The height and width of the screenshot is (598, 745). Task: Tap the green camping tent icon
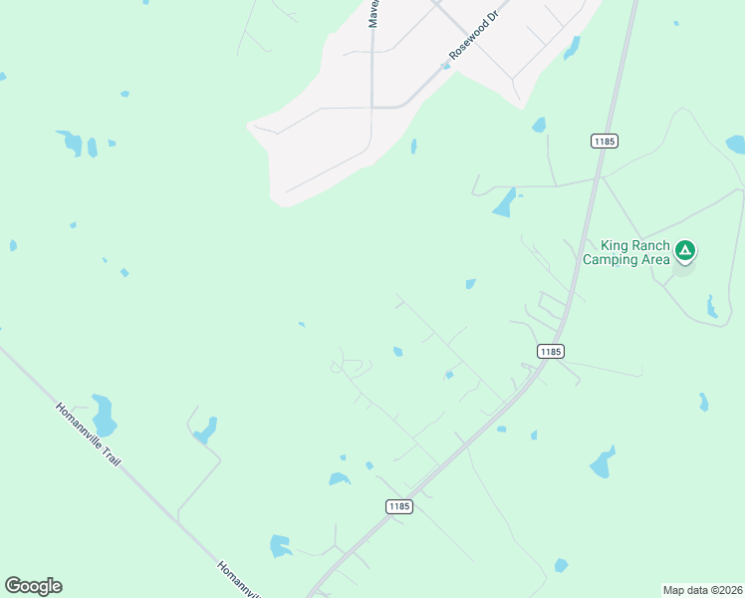coord(684,249)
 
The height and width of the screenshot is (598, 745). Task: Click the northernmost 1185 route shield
coord(604,142)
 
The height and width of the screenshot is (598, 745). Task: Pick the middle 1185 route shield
coord(551,351)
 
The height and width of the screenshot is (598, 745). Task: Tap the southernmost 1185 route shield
coord(398,506)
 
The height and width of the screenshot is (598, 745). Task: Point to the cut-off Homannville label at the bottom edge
coord(239,581)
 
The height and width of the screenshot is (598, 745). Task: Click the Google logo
coord(33,586)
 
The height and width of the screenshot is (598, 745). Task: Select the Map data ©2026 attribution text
coord(702,589)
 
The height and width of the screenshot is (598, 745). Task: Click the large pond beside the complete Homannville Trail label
coord(104,415)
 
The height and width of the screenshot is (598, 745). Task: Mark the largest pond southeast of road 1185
coord(603,463)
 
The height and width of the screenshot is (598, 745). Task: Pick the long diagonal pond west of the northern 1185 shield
coord(505,202)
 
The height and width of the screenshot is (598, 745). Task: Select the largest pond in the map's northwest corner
coord(71,143)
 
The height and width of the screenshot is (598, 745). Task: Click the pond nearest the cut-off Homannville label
coord(280,546)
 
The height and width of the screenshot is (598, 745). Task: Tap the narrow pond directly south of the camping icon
coord(711,307)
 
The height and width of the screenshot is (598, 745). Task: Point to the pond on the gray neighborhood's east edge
coord(572,48)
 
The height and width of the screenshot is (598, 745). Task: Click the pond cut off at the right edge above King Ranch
coord(736,145)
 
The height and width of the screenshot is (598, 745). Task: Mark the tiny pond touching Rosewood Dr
coord(445,67)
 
